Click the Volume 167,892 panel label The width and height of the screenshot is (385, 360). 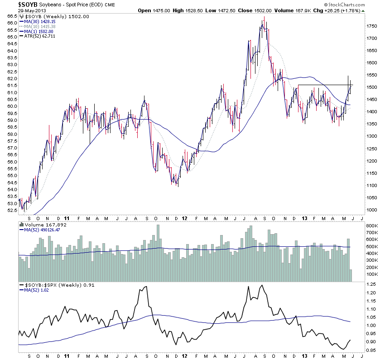click(44, 224)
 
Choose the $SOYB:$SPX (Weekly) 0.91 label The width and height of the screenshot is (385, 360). click(54, 285)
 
